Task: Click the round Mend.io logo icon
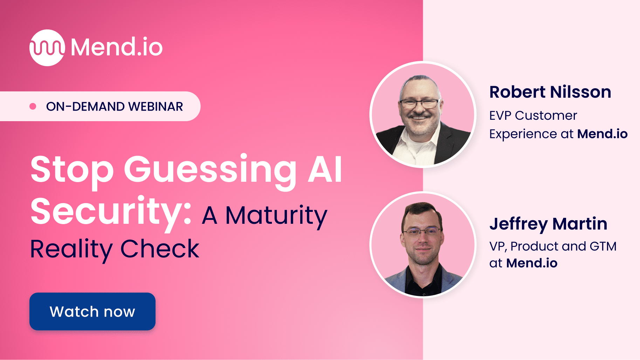coord(47,48)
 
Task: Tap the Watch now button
coord(92,311)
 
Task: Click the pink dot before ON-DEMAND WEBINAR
coord(33,106)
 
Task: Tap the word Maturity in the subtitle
coord(276,215)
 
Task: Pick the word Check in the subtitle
coord(160,249)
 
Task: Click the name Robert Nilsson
coord(550,92)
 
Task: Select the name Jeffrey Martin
coord(548,224)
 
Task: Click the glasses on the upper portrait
coord(420,104)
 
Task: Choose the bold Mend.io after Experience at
coord(602,134)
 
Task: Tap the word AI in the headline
coord(325,169)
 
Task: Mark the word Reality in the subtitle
coord(71,249)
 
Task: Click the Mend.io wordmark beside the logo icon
coord(117,47)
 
